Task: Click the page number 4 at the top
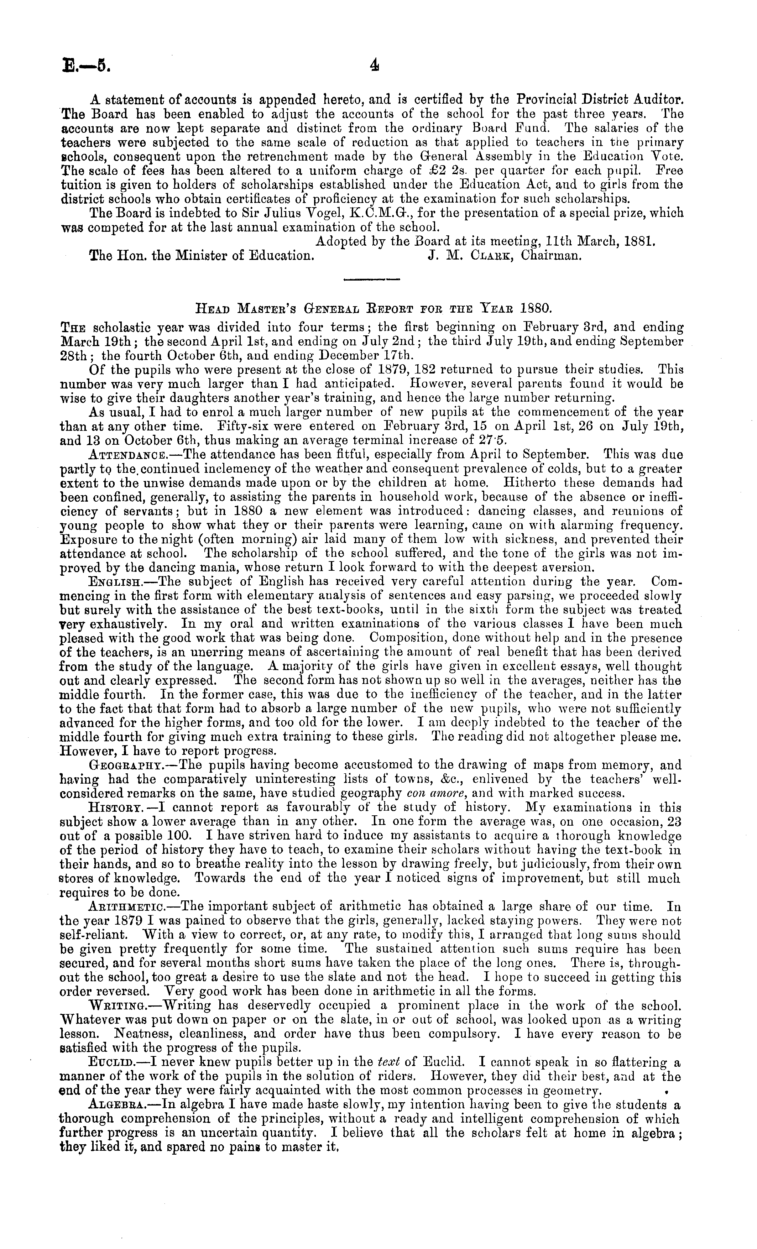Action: click(375, 66)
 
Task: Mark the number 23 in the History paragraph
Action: click(675, 821)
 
